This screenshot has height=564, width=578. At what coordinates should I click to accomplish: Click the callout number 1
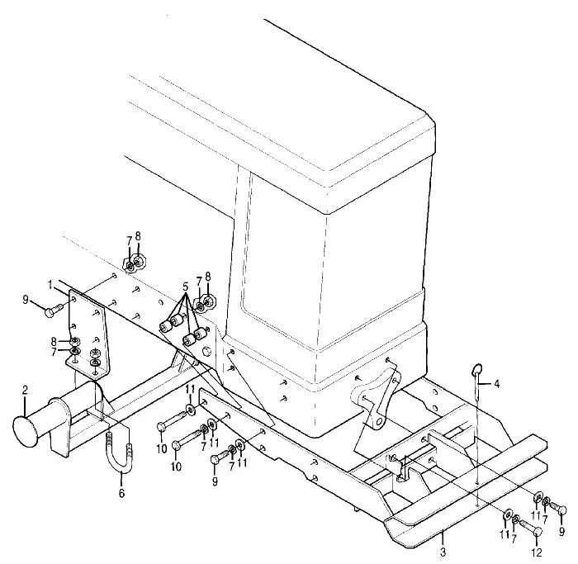[x=50, y=284]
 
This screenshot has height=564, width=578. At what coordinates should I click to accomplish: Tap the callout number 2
[x=25, y=390]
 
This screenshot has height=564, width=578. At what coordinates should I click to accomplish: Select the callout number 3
[x=443, y=552]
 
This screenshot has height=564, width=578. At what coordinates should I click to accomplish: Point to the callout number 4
[x=496, y=384]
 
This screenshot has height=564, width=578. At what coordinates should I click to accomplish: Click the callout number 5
[x=185, y=286]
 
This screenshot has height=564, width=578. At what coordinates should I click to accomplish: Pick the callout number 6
[x=121, y=492]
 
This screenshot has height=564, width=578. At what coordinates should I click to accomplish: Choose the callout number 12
[x=537, y=552]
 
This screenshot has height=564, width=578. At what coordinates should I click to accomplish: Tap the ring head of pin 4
[x=477, y=368]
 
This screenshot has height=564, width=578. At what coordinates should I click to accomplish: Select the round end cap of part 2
[x=26, y=431]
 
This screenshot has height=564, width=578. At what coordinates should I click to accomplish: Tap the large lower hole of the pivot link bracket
[x=378, y=421]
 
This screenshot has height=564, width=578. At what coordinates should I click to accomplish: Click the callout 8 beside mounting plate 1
[x=54, y=342]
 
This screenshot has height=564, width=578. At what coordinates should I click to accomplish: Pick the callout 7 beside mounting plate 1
[x=54, y=352]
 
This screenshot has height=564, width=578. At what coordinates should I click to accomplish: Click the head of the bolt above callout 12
[x=538, y=531]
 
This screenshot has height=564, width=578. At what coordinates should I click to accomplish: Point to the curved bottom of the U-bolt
[x=120, y=470]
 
